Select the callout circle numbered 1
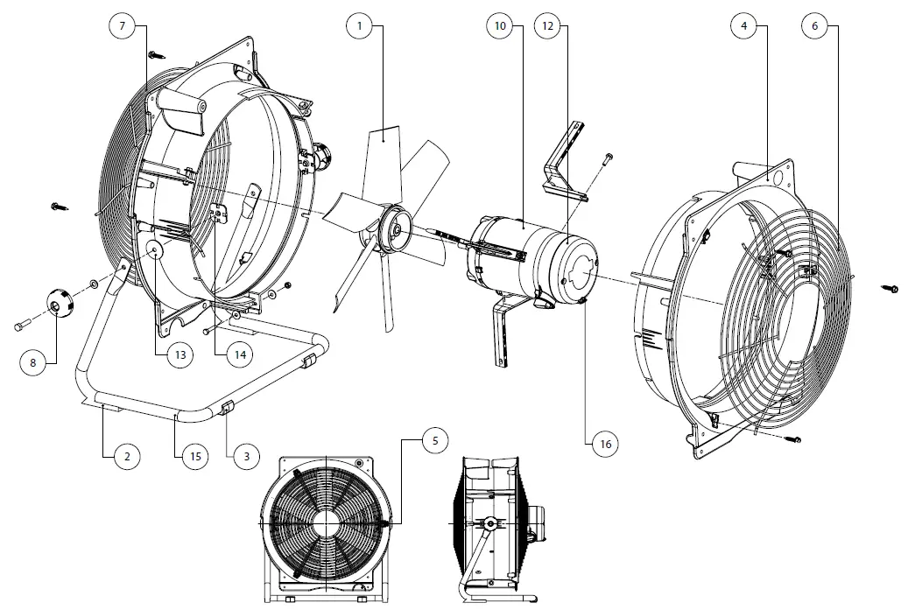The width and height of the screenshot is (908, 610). (x=358, y=26)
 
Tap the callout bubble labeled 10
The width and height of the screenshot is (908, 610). (x=500, y=26)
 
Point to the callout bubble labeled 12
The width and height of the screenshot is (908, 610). (x=547, y=26)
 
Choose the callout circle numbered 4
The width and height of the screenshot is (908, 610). (x=743, y=26)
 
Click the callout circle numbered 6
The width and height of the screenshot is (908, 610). (x=815, y=26)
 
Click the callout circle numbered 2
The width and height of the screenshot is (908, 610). (x=126, y=456)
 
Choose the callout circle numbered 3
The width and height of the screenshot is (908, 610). (x=246, y=456)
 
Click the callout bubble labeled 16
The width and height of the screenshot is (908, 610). (x=604, y=445)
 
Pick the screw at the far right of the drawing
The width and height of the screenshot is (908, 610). (x=891, y=286)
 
